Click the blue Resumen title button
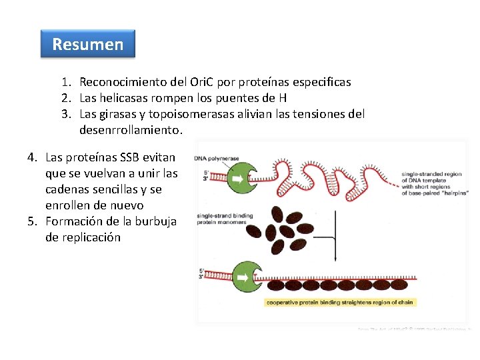(87, 44)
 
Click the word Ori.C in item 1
(203, 82)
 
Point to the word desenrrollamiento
(130, 130)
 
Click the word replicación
(83, 237)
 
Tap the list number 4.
(32, 157)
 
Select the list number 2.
(66, 98)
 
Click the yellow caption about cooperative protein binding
(340, 302)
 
